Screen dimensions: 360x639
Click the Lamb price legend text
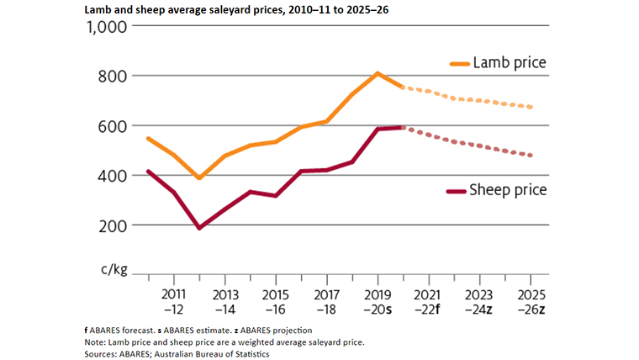(510, 63)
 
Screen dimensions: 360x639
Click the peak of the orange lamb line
(378, 73)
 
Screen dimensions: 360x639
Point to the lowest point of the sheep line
(199, 228)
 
